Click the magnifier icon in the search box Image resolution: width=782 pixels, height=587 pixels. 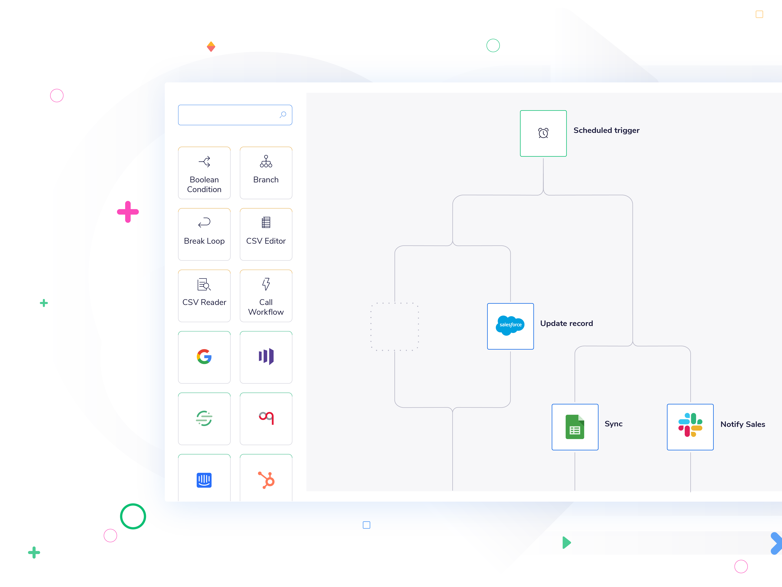[283, 115]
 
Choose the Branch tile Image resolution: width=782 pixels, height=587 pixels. [266, 173]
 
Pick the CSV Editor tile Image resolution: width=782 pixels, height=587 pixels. [266, 234]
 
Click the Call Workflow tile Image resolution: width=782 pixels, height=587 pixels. [266, 296]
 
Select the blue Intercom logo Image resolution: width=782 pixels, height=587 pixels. [204, 480]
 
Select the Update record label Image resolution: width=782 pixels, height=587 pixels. [566, 323]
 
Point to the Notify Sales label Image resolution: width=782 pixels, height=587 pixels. [742, 424]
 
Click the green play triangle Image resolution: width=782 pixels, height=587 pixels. [566, 542]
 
